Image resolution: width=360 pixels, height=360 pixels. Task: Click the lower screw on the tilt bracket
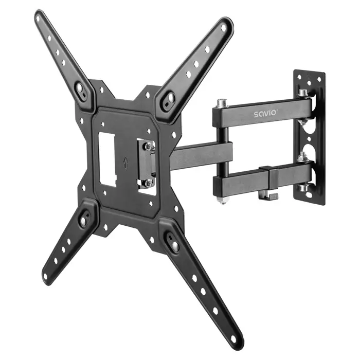(148, 182)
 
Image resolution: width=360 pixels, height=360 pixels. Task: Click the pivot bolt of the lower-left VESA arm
(83, 221)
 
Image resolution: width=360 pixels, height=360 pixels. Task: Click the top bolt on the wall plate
(303, 93)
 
